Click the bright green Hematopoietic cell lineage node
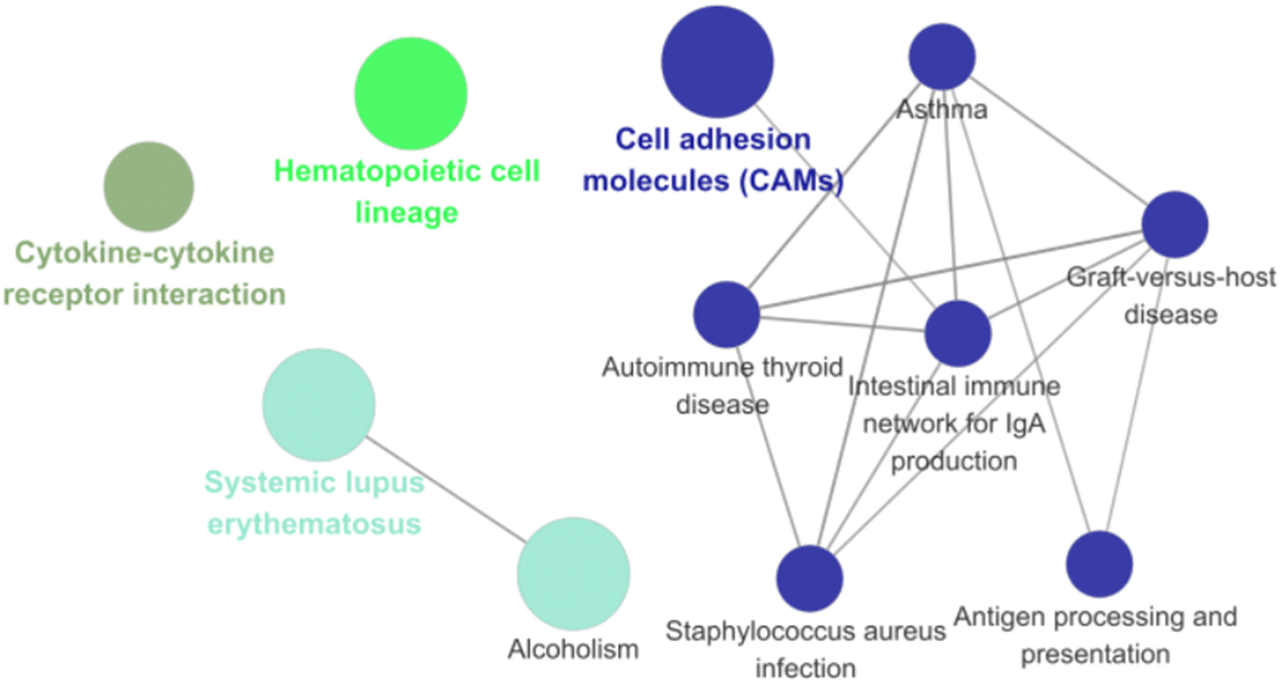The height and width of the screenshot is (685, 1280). tap(410, 94)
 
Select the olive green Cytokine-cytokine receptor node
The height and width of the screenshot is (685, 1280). tap(149, 186)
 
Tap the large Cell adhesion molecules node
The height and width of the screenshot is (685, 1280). tap(717, 62)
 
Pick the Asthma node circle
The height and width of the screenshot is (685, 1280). tap(942, 57)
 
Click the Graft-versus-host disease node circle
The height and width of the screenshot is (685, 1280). tap(1174, 224)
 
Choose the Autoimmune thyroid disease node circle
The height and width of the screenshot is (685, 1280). tap(726, 314)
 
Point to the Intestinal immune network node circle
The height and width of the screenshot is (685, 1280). tap(958, 334)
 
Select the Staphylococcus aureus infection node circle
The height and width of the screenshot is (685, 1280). tap(810, 579)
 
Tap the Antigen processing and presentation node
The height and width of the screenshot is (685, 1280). tap(1099, 564)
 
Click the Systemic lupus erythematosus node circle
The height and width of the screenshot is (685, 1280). tap(319, 405)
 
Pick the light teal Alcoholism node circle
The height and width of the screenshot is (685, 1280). tap(573, 573)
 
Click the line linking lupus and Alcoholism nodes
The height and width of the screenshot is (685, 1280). tap(447, 489)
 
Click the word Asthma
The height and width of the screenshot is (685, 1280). tap(941, 110)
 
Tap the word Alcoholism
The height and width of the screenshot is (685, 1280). tap(573, 649)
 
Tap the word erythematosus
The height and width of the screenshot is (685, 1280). tap(314, 524)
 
